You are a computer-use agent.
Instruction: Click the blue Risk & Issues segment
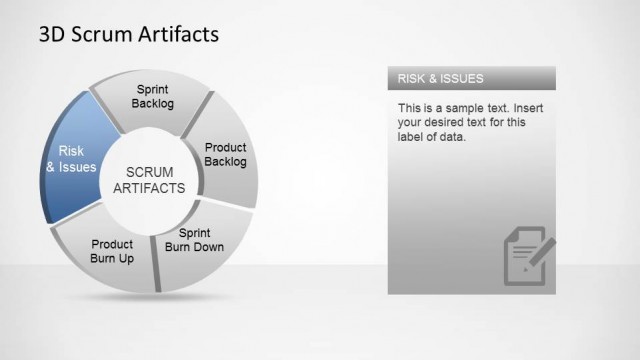click(72, 158)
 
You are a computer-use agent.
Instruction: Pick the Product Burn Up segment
click(111, 250)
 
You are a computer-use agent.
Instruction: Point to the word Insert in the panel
click(516, 107)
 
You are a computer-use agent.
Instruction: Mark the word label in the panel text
click(411, 137)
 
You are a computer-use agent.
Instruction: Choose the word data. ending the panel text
click(455, 137)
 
